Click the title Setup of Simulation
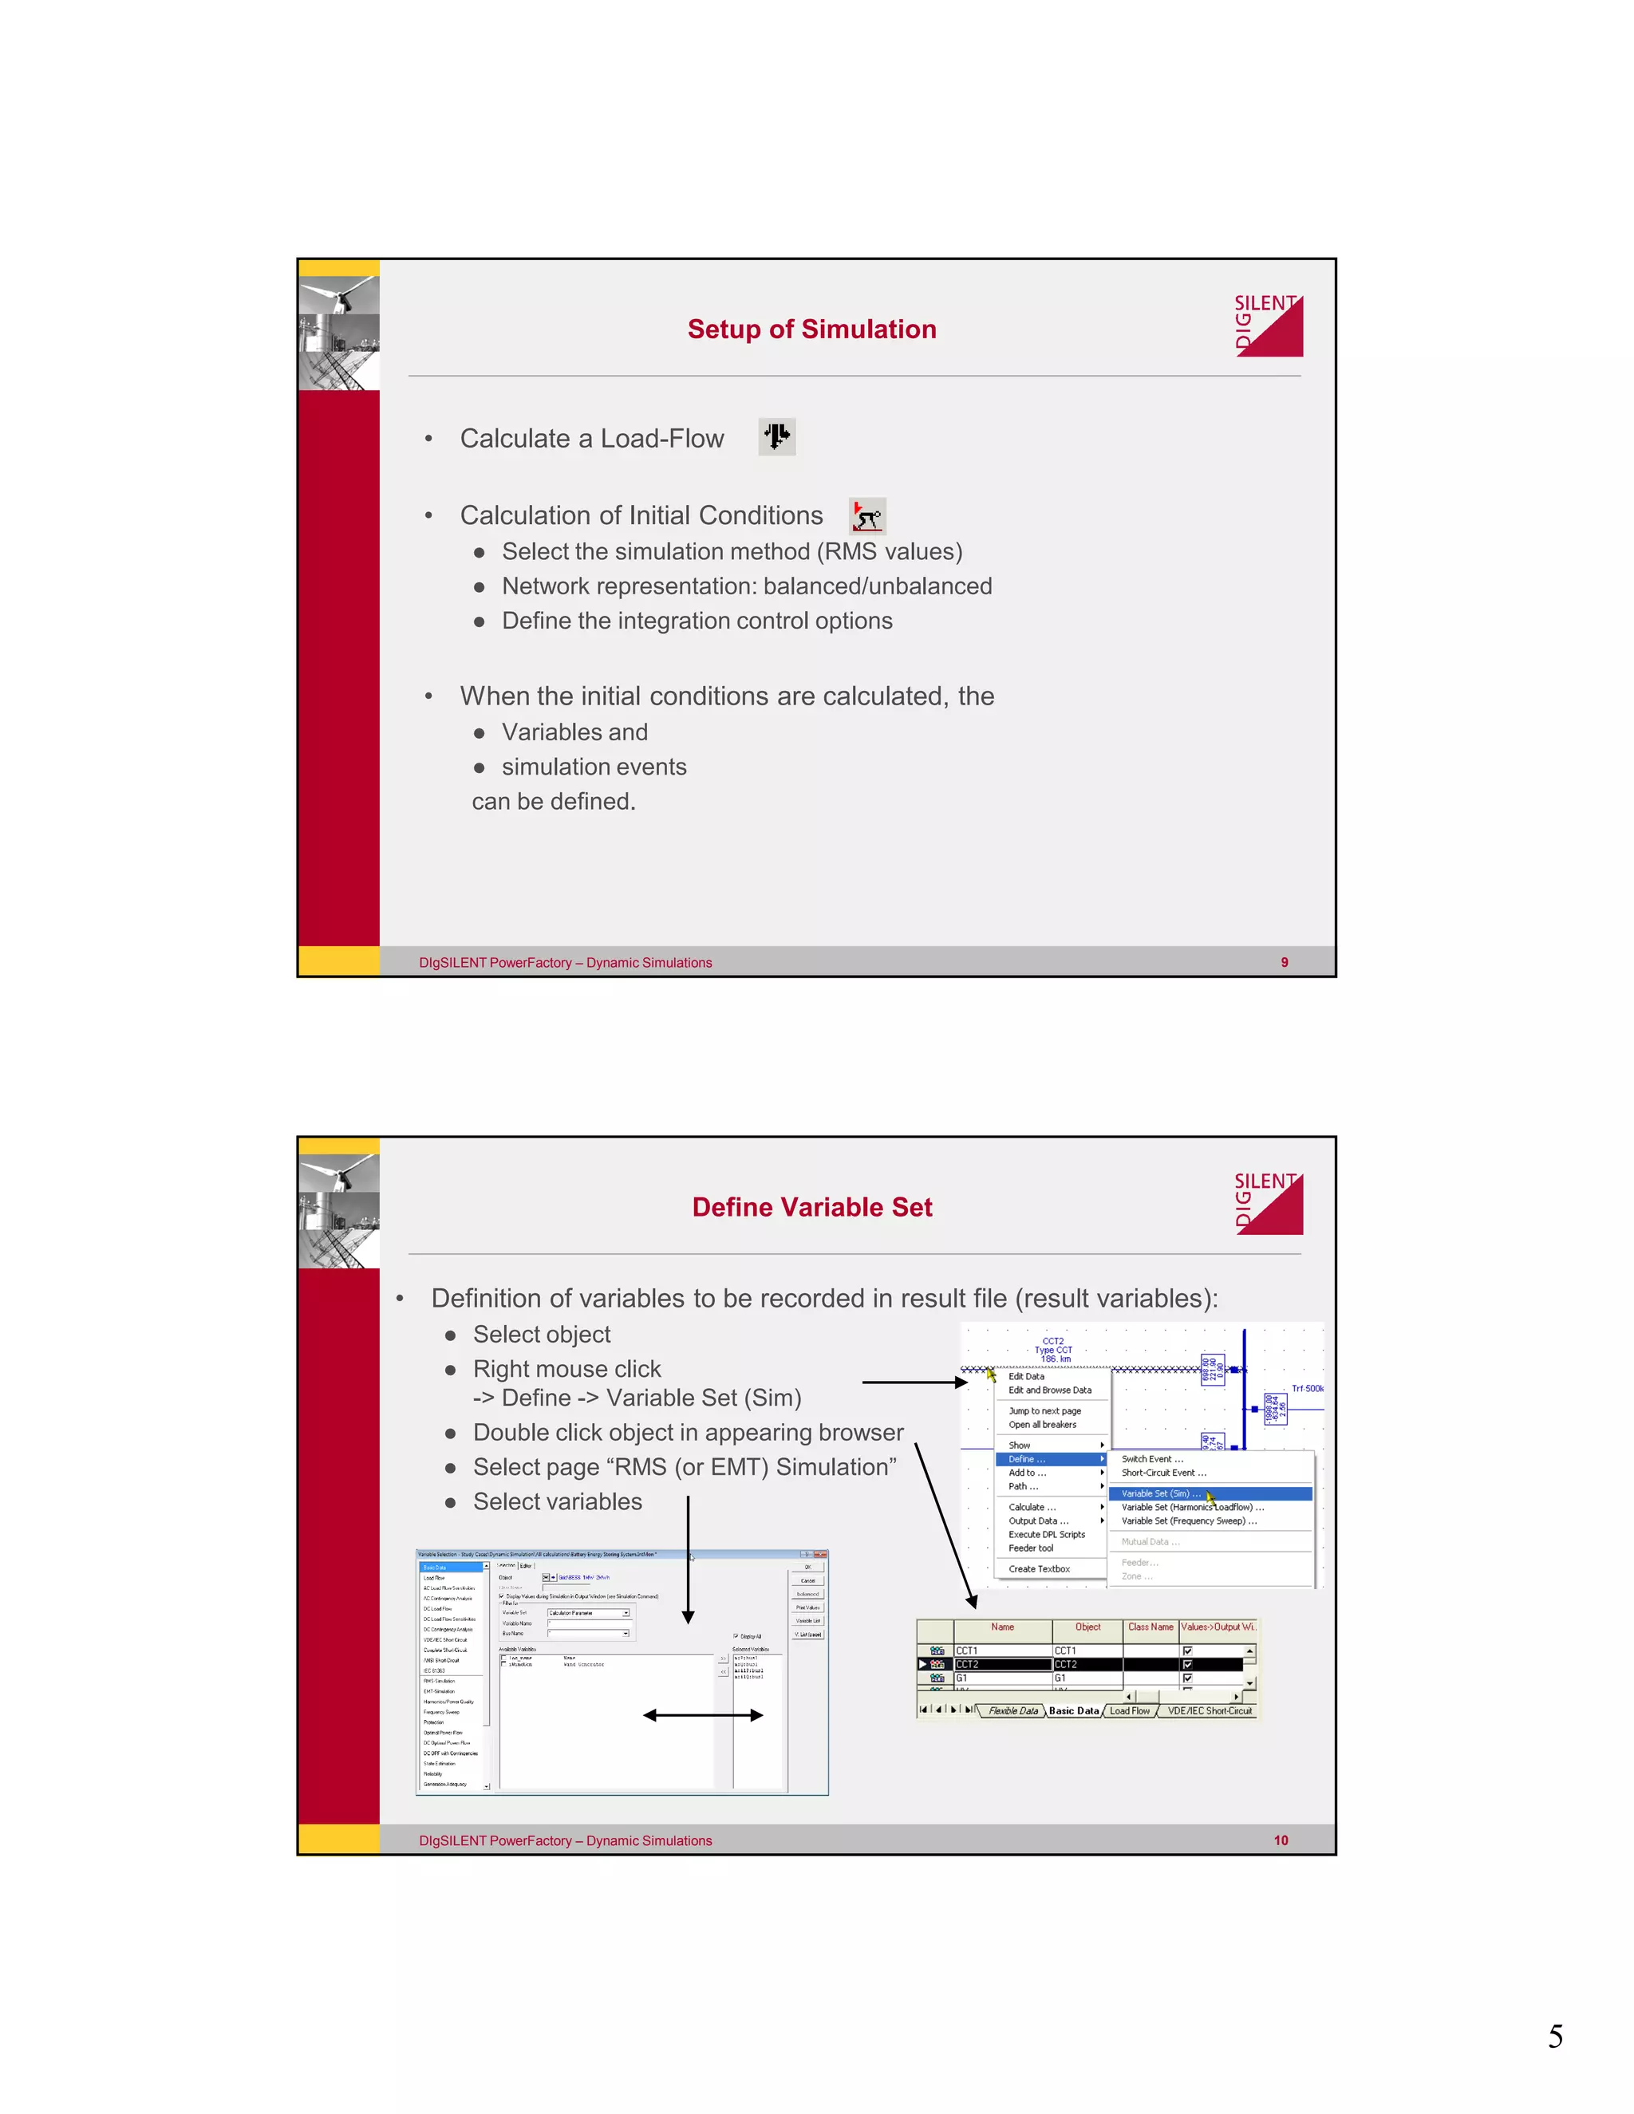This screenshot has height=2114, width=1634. pos(811,329)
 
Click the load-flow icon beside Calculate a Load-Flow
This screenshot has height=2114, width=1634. pos(776,437)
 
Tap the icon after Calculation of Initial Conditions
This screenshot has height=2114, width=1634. pos(866,516)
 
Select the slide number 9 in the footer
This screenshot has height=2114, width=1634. pos(1284,962)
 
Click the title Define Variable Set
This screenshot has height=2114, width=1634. pos(811,1207)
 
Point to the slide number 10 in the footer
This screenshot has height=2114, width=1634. pos(1280,1840)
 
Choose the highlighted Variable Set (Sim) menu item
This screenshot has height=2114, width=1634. pos(1161,1493)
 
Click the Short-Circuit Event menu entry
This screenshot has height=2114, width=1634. pos(1162,1473)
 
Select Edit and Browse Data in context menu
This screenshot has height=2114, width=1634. pos(1049,1390)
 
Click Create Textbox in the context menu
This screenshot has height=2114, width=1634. pos(1039,1569)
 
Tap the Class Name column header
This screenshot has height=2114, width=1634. pos(1150,1627)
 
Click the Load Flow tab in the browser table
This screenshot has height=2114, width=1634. pos(1129,1710)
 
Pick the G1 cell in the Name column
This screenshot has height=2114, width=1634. pos(1002,1678)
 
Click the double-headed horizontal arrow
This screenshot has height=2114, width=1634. pos(703,1715)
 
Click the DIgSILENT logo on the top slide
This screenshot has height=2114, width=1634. pos(1268,326)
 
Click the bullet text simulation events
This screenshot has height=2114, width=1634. pos(594,767)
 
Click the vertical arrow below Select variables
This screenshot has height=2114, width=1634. pos(687,1559)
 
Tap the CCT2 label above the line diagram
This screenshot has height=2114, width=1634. pos(1052,1342)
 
